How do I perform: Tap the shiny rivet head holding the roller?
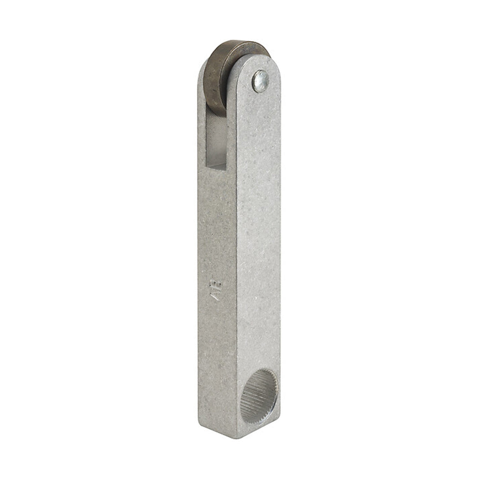260,82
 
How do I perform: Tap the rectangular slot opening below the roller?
216,141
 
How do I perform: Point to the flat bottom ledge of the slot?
217,166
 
